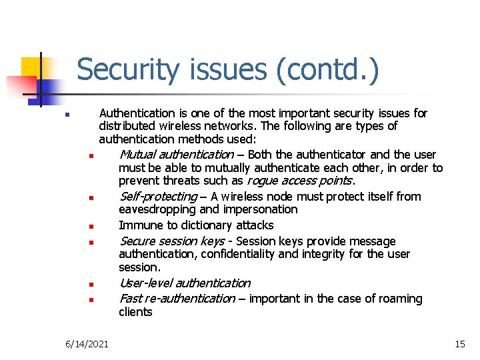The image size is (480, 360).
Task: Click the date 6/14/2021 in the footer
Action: click(x=87, y=344)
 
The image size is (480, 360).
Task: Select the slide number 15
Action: click(x=459, y=344)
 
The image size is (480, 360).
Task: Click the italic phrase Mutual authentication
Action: click(x=176, y=155)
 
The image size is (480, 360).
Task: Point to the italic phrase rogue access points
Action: click(x=299, y=181)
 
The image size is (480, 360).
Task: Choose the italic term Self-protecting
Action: click(x=158, y=197)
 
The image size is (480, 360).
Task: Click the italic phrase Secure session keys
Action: click(x=171, y=241)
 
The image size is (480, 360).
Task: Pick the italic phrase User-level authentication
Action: click(x=185, y=283)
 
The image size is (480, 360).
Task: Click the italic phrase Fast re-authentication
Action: click(x=177, y=299)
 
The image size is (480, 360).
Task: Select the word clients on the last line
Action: click(x=135, y=312)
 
